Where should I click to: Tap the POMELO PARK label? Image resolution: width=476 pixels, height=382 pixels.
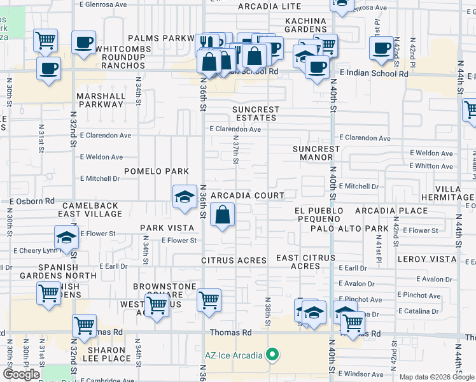click(x=157, y=171)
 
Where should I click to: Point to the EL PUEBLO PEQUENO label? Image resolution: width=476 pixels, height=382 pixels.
click(x=319, y=215)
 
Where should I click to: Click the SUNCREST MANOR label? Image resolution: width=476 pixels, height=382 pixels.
click(x=316, y=153)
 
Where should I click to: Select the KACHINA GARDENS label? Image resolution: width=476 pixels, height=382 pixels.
click(x=305, y=25)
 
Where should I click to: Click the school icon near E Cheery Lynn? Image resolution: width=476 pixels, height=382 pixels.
click(x=66, y=239)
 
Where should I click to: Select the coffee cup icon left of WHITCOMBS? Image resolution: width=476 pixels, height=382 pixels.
click(x=48, y=69)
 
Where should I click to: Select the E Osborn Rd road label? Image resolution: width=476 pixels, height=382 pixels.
click(x=32, y=201)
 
